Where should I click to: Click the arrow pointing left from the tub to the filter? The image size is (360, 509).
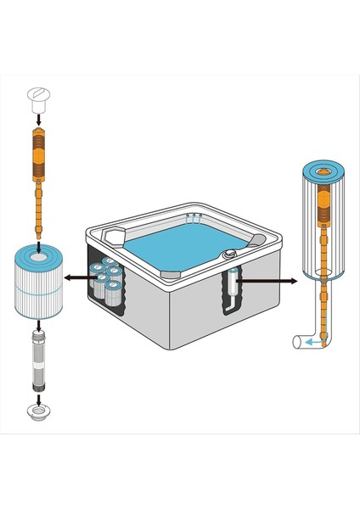pyautogui.click(x=82, y=277)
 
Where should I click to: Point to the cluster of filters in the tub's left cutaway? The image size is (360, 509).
pyautogui.click(x=109, y=280)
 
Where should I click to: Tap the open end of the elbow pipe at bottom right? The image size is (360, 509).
pyautogui.click(x=295, y=343)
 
